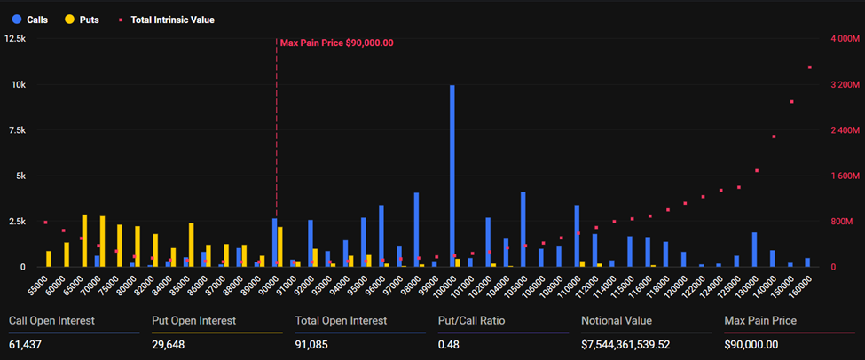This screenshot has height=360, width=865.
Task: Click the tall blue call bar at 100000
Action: click(452, 176)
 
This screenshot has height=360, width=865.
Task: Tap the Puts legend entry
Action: click(82, 19)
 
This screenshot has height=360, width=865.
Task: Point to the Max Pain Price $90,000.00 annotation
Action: click(336, 43)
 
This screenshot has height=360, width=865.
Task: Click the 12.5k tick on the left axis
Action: click(16, 39)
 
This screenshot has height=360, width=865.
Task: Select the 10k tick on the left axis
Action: click(20, 85)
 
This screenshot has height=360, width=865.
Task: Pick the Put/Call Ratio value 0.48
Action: click(449, 344)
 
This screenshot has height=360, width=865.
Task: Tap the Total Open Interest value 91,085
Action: click(312, 344)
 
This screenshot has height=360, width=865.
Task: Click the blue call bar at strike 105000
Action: click(523, 229)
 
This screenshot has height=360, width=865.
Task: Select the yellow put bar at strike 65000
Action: click(84, 240)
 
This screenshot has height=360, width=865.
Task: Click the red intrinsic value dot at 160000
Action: click(809, 67)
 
